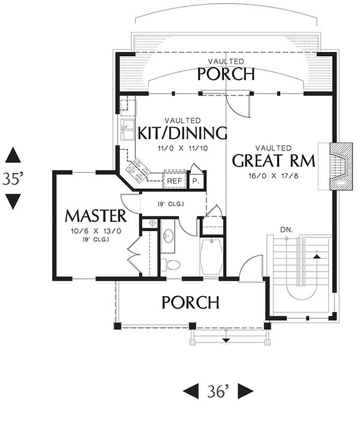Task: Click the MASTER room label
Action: coord(95,216)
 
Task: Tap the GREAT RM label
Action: coord(274,161)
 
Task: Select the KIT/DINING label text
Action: coord(182,133)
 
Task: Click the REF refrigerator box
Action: coord(174,180)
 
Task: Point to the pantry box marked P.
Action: coord(195,180)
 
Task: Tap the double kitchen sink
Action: coord(127,130)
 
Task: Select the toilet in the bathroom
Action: coord(170,264)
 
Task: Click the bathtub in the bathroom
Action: coord(211,257)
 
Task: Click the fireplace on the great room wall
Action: coord(341,167)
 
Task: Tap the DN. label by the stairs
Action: coord(286,230)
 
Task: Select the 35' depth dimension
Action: coord(13,179)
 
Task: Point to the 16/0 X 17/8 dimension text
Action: coord(274,176)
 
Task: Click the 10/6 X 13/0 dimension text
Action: coord(96,231)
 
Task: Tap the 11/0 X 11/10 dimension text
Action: coord(183,148)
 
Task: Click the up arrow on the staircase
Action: coord(316,256)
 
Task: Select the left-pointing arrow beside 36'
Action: coord(191,391)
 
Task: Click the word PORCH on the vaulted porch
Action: coord(226,74)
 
